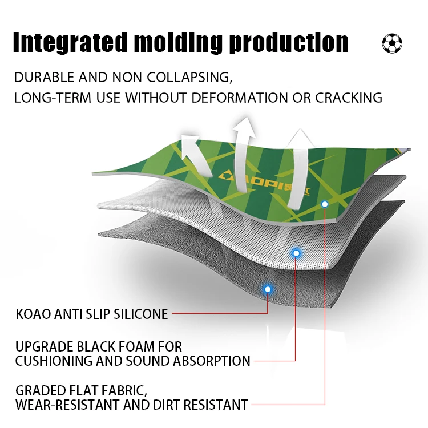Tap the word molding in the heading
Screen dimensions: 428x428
(x=179, y=43)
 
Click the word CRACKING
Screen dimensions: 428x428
(x=348, y=98)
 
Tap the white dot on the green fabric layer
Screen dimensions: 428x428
(x=325, y=204)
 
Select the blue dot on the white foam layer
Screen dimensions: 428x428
(x=296, y=252)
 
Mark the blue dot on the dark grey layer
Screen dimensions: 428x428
(x=267, y=289)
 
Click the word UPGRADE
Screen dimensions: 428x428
(x=44, y=346)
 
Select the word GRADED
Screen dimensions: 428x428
(x=38, y=391)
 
